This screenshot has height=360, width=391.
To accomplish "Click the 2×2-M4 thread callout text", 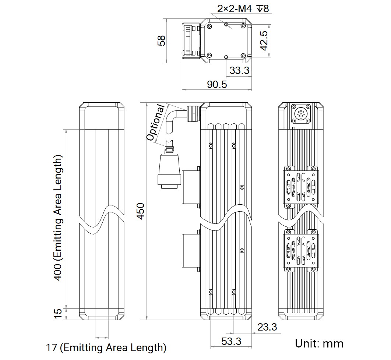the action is click(243, 9).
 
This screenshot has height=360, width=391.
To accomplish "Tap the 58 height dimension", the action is click(161, 40).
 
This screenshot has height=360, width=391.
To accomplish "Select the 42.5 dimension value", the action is click(264, 40).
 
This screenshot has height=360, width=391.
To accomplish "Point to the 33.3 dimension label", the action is click(239, 70).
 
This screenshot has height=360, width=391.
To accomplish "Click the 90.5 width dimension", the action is click(217, 85).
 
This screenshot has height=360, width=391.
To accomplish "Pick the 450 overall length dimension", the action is click(141, 211).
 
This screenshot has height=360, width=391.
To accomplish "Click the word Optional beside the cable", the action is click(156, 123).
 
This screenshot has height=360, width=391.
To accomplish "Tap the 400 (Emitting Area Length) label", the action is click(58, 218).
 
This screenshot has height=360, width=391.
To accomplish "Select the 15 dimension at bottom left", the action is click(58, 314).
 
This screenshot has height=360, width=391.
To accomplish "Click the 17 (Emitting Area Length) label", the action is click(106, 347).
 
